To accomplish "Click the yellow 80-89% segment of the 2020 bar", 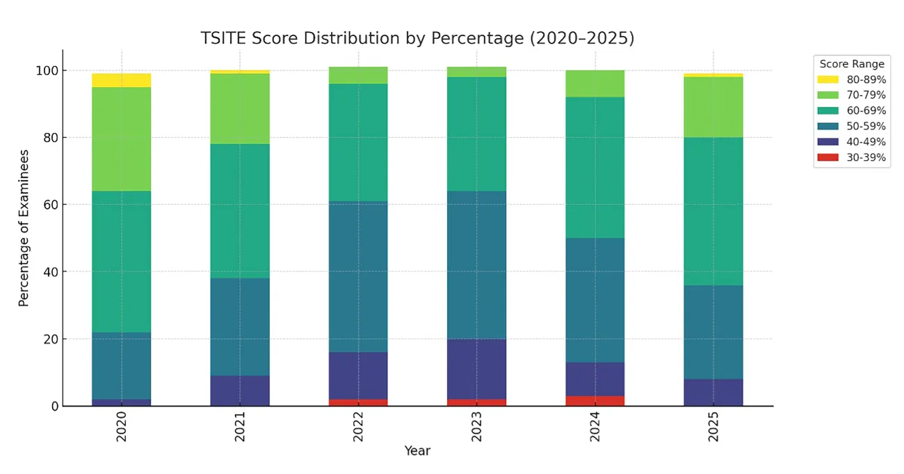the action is (x=122, y=81).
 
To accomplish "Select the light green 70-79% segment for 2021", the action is (x=240, y=109).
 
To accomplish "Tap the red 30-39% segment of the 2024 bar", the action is (x=595, y=401).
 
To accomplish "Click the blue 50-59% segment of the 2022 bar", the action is (x=358, y=277).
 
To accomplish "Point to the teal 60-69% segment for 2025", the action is (x=713, y=212).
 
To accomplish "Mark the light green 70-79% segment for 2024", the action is (x=595, y=84).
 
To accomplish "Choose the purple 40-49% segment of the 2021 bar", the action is (x=240, y=390).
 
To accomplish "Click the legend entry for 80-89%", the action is (x=852, y=79).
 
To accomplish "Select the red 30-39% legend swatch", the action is (x=828, y=157).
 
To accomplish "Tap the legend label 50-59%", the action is (x=866, y=126).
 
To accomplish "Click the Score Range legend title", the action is (x=852, y=64).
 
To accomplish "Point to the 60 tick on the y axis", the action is (x=51, y=205).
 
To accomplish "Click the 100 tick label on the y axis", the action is (x=47, y=71).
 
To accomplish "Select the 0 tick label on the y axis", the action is (x=56, y=406).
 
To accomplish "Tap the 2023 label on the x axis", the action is (x=476, y=427).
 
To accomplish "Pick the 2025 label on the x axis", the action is (x=713, y=427).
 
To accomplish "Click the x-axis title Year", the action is (x=417, y=450).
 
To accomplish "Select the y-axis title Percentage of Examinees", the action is (x=24, y=228).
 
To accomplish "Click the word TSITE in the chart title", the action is (x=224, y=38).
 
